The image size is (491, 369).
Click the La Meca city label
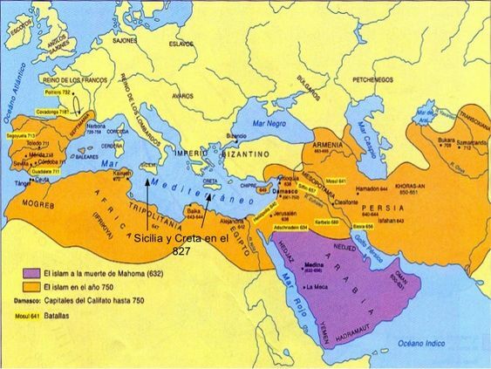click(322, 286)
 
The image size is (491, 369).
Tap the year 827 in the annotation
click(181, 251)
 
